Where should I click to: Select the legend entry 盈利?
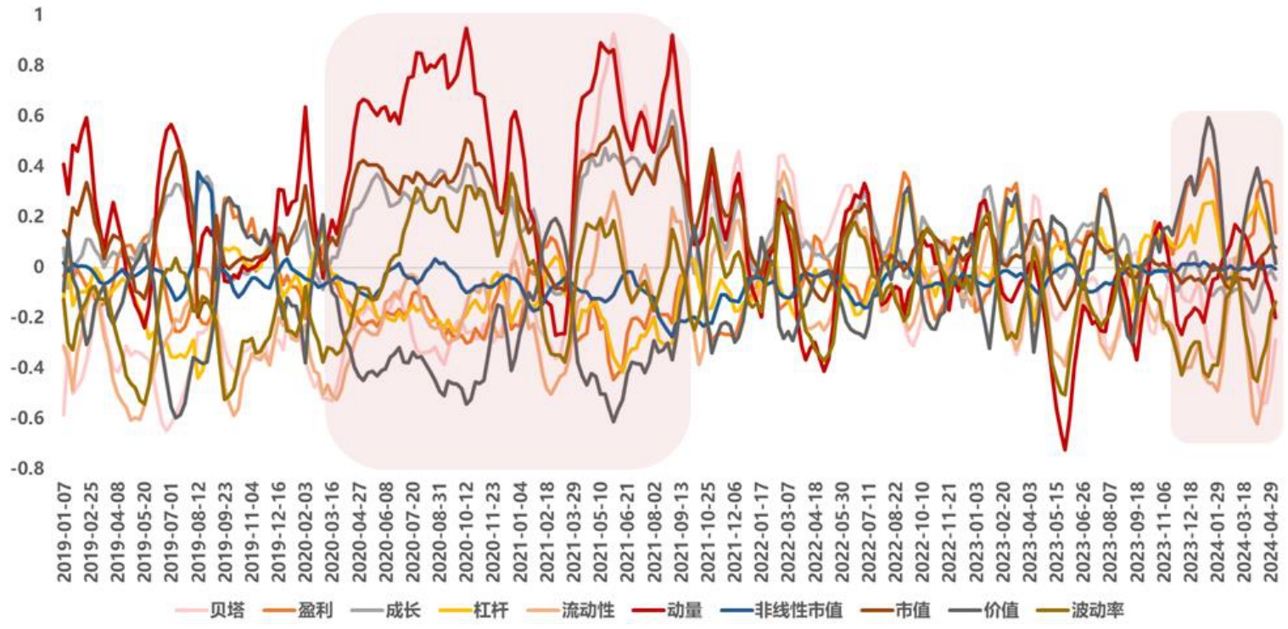click(x=310, y=611)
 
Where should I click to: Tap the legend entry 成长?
click(x=398, y=611)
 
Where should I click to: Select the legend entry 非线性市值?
click(x=798, y=611)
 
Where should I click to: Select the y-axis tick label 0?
click(x=37, y=267)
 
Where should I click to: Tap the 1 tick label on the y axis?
click(x=39, y=15)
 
